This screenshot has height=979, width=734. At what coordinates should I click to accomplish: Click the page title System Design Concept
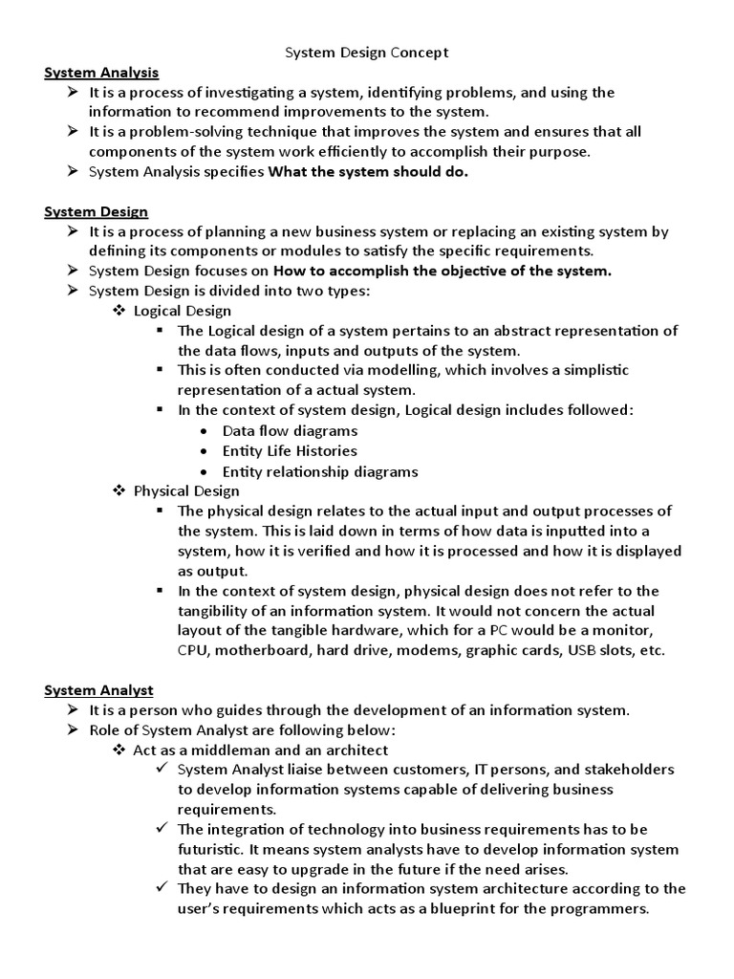point(367,53)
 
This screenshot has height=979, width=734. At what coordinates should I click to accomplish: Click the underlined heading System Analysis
point(101,73)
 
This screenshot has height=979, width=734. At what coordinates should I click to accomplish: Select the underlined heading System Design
point(97,211)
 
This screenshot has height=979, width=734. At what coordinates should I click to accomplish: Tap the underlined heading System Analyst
point(99,689)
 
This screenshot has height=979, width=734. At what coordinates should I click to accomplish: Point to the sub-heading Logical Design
point(182,311)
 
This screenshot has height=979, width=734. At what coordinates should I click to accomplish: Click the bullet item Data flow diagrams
point(290,431)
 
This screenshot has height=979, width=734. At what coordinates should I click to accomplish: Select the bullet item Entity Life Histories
point(290,451)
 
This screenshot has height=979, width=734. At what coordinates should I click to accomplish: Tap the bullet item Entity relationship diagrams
point(320,471)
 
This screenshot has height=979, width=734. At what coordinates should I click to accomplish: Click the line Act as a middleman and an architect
point(260,750)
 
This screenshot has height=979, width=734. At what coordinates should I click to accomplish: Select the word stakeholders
point(629,770)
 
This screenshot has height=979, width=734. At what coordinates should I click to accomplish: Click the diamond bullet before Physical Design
point(119,490)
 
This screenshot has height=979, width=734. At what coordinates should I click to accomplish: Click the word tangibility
point(216,610)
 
